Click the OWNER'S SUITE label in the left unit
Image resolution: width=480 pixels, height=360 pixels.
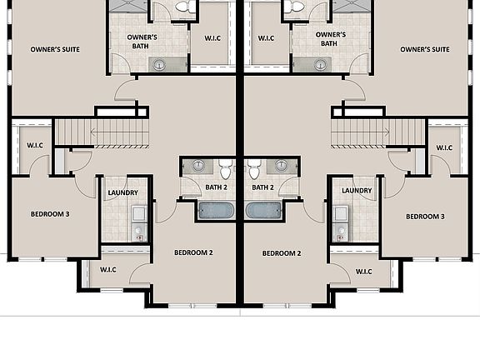pyautogui.click(x=55, y=50)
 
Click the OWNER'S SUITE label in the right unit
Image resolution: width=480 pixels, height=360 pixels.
pyautogui.click(x=424, y=50)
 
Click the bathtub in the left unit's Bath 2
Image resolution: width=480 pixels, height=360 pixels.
pyautogui.click(x=215, y=210)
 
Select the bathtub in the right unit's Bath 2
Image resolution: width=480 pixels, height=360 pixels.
pyautogui.click(x=265, y=210)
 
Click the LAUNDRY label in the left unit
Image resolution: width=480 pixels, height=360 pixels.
pyautogui.click(x=122, y=192)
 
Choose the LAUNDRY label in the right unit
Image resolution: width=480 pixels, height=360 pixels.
pyautogui.click(x=357, y=191)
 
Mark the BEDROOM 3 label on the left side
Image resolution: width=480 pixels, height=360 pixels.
pyautogui.click(x=51, y=213)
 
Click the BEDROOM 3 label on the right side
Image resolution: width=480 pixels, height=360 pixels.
pyautogui.click(x=425, y=217)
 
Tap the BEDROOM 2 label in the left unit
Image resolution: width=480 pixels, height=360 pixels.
pyautogui.click(x=193, y=252)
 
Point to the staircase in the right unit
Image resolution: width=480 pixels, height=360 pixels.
pyautogui.click(x=378, y=132)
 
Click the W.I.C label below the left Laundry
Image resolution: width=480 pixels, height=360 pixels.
pyautogui.click(x=108, y=270)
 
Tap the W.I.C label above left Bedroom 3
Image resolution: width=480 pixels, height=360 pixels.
pyautogui.click(x=34, y=146)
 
